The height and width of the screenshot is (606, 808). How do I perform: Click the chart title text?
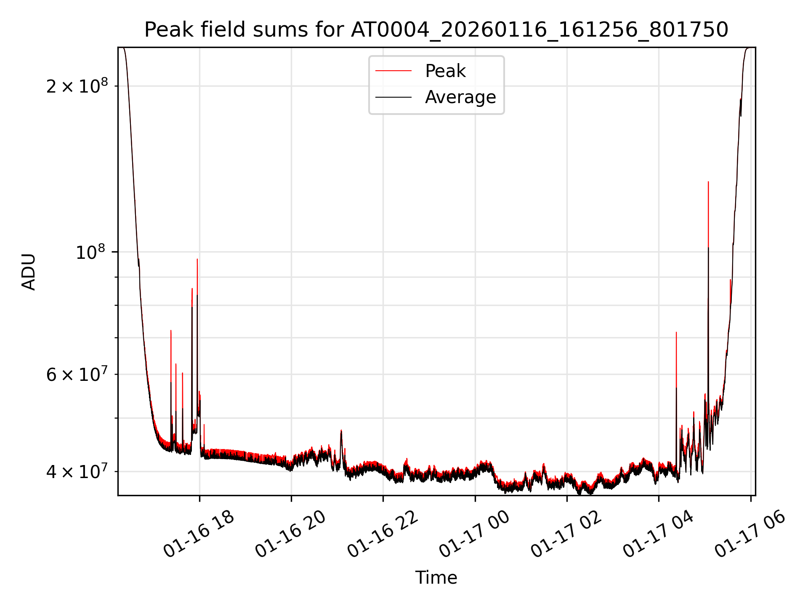click(436, 30)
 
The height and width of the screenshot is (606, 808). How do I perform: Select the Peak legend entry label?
click(445, 71)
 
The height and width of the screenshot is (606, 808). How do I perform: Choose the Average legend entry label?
click(460, 97)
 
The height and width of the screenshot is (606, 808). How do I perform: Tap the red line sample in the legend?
click(393, 71)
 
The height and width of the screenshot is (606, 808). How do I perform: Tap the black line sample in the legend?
click(393, 97)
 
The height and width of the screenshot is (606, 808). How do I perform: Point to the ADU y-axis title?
click(29, 271)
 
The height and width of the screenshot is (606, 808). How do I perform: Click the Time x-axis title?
click(436, 578)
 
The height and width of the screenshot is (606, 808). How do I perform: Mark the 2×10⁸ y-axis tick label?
click(77, 86)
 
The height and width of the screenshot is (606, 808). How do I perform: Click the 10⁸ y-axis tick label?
click(91, 252)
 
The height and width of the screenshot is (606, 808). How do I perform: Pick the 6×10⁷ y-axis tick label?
click(77, 374)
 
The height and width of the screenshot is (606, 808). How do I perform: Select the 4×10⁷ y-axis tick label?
click(77, 472)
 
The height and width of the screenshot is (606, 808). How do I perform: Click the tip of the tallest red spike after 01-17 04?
click(708, 182)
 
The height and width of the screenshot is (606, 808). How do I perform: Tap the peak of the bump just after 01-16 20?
click(341, 430)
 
